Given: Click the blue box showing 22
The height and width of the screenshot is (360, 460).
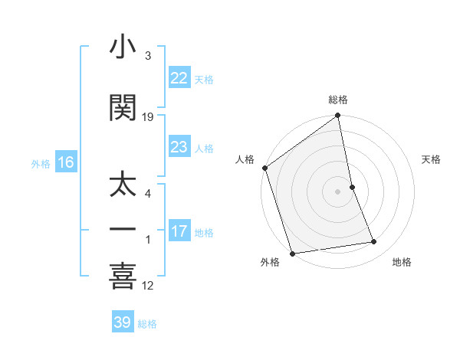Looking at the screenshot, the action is click(x=179, y=78).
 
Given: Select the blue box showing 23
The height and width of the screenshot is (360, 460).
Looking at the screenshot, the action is click(x=179, y=147).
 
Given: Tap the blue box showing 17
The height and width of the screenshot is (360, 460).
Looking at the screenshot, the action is click(x=179, y=231).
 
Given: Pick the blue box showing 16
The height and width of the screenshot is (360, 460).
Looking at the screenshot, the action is click(x=65, y=162).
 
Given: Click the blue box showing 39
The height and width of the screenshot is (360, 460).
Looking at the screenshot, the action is click(x=123, y=322).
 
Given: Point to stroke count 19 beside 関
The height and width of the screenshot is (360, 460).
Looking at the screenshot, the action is click(x=148, y=117).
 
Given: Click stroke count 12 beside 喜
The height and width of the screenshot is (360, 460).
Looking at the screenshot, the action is click(x=148, y=286).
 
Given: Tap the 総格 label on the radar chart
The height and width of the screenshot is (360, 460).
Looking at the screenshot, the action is click(x=338, y=100).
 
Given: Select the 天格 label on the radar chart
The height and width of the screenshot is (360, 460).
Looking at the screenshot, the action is click(x=432, y=159).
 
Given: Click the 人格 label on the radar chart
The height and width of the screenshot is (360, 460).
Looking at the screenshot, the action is click(x=245, y=159).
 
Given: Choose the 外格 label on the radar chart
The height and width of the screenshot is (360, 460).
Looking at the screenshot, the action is click(x=270, y=262).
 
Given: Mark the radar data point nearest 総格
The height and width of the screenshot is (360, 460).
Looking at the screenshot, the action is click(x=338, y=116).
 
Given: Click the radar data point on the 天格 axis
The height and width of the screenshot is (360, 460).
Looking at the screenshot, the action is click(x=353, y=186).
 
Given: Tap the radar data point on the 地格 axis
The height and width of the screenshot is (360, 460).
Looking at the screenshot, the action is click(x=374, y=242).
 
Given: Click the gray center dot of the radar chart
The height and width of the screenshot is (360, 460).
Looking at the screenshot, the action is click(x=338, y=191).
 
